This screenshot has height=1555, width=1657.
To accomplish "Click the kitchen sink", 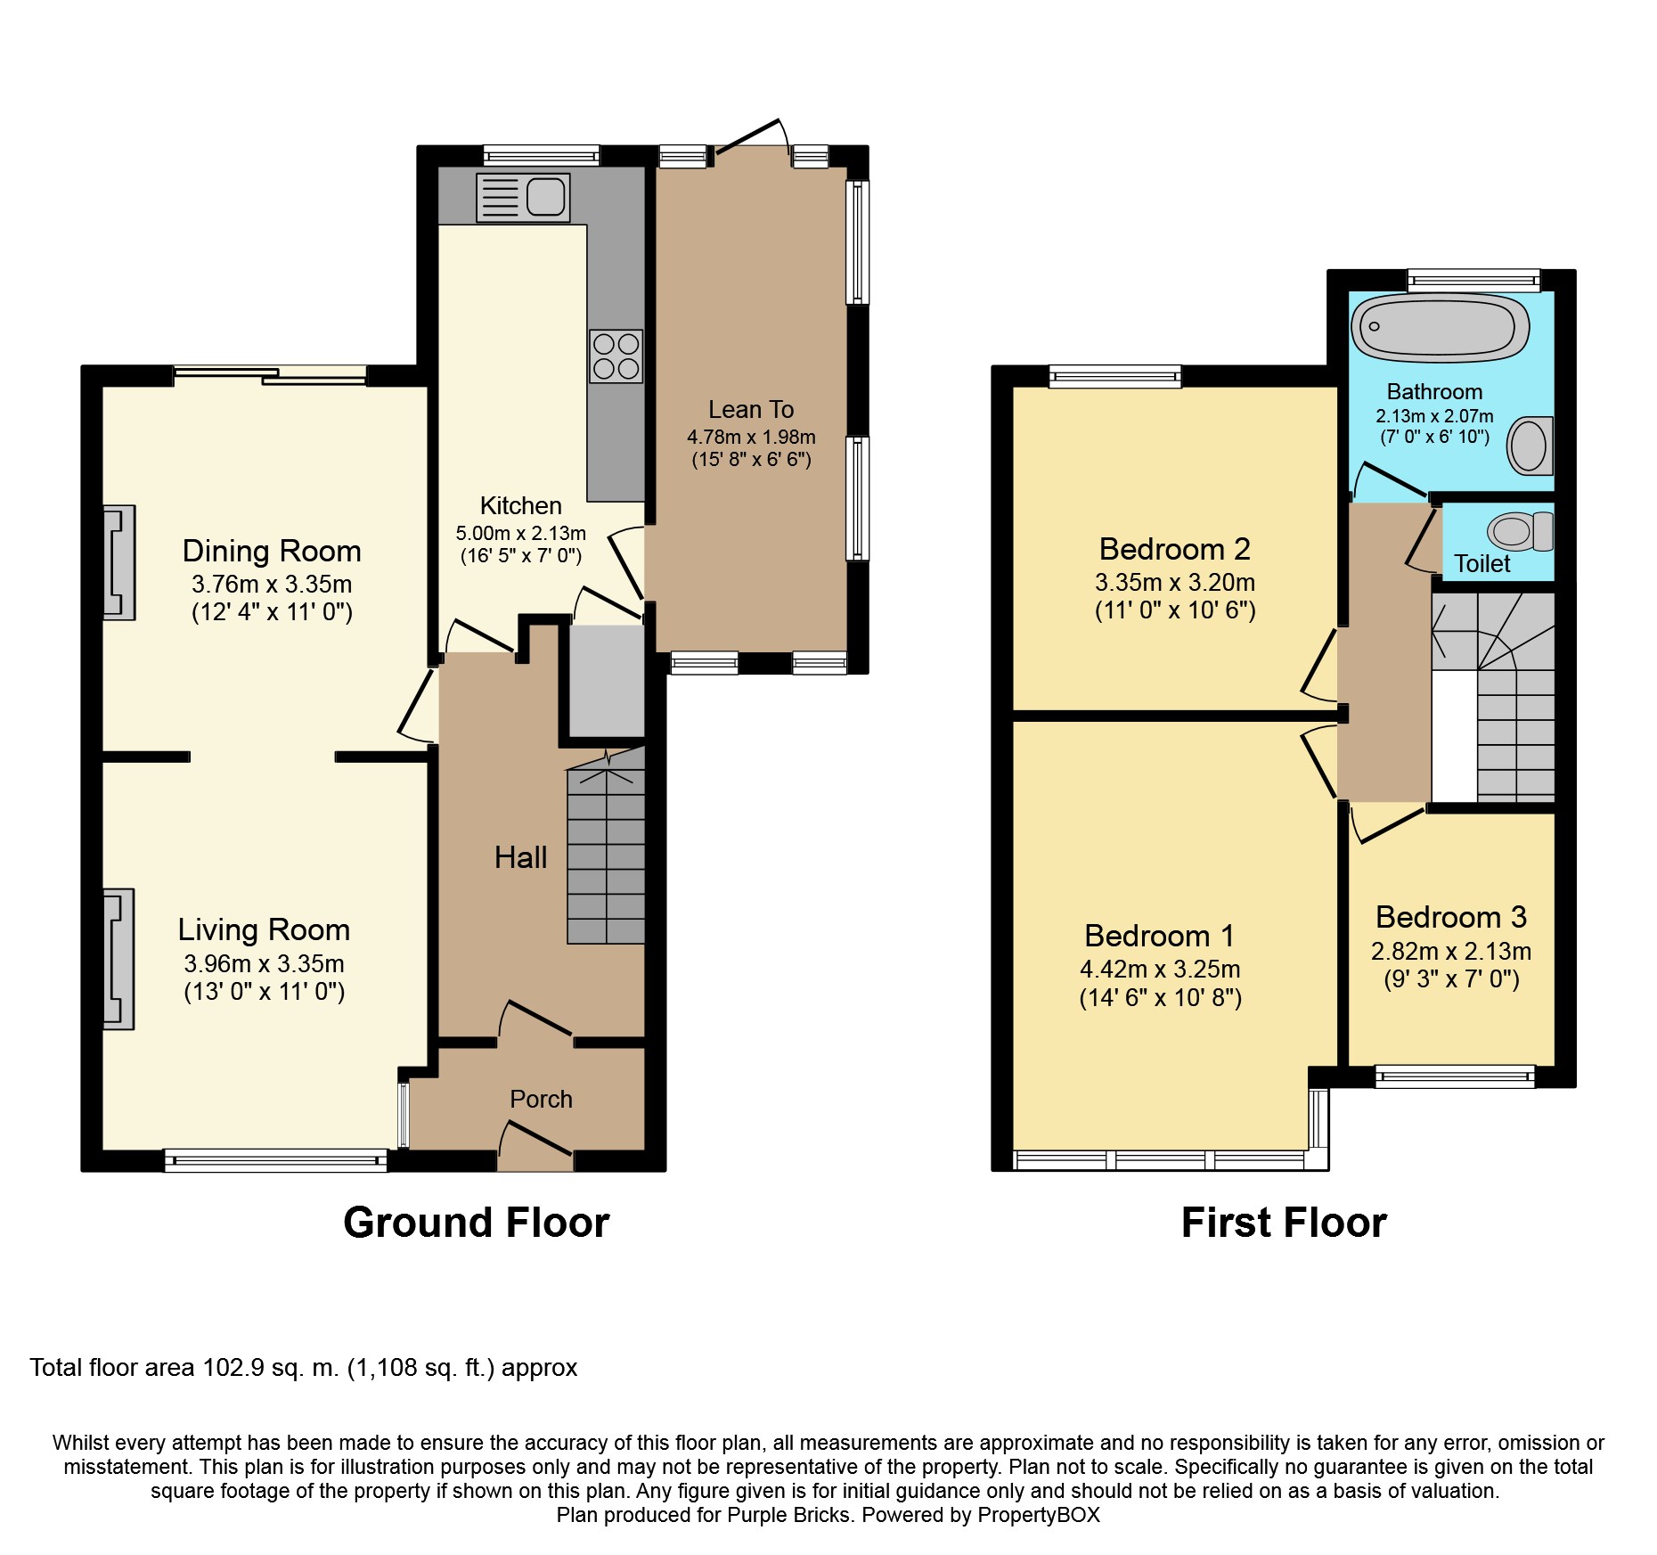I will point(523,197).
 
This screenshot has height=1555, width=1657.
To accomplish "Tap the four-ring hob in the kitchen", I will point(616,356).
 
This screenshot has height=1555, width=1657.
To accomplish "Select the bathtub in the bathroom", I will point(1440,327).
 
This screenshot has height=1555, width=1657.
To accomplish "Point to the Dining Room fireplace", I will point(119,562).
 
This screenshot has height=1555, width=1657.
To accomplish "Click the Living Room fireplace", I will point(119,959).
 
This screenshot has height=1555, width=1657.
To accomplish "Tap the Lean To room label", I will point(750,409).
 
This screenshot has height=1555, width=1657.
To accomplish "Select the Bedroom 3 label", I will point(1450,917).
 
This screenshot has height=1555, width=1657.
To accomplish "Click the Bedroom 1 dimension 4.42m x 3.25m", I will point(1159,969).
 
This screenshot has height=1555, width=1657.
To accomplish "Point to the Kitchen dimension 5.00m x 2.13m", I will point(520,533).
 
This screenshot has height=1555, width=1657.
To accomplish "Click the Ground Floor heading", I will point(476,1222).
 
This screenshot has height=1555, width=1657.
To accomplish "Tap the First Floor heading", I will point(1283,1222).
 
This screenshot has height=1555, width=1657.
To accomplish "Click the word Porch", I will point(541,1099).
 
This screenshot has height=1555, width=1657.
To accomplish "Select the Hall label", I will point(520,857).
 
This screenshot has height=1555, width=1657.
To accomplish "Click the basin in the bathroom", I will point(1530,446).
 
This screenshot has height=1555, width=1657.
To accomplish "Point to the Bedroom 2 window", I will point(1114,377).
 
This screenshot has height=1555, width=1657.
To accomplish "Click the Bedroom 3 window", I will point(1454,1076).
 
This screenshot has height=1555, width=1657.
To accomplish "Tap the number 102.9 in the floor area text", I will point(233,1367).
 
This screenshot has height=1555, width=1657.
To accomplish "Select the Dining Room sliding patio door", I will point(270,375).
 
